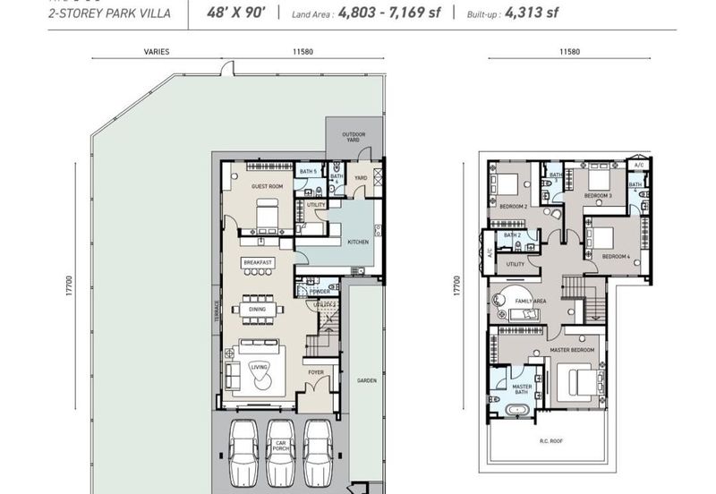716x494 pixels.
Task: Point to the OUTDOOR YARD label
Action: tap(354, 137)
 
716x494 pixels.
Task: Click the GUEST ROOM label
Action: tap(267, 186)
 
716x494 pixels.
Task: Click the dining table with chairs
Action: tap(258, 310)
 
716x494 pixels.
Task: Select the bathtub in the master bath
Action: tap(519, 411)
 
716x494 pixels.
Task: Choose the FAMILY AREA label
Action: tap(531, 302)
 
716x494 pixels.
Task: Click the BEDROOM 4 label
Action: tap(616, 257)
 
